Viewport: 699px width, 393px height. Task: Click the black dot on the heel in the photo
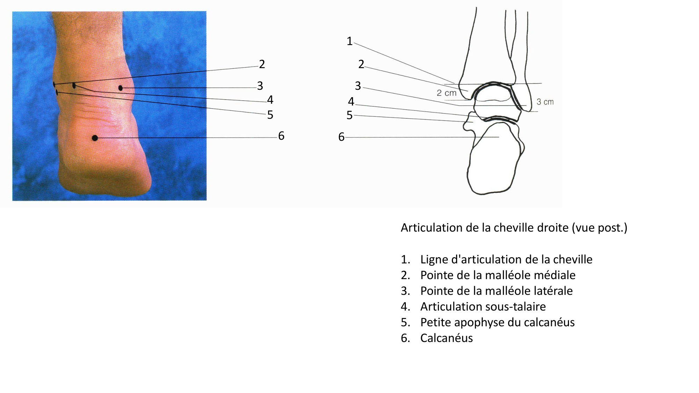95,138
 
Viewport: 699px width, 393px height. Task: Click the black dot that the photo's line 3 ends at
121,88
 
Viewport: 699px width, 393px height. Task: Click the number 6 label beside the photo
281,136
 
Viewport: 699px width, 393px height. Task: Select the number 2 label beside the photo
262,64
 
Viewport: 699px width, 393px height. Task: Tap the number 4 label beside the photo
270,100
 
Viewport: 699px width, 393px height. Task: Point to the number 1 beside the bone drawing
349,41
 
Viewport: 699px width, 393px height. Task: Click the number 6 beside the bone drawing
341,137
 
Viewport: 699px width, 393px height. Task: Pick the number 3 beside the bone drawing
358,86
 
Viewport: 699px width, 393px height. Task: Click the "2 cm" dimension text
447,93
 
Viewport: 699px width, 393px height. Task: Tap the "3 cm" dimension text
545,102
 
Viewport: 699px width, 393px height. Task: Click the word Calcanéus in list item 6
446,338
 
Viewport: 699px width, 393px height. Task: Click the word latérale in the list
554,291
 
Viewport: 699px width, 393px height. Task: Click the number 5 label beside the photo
270,115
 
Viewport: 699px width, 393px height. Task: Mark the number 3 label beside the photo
260,86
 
